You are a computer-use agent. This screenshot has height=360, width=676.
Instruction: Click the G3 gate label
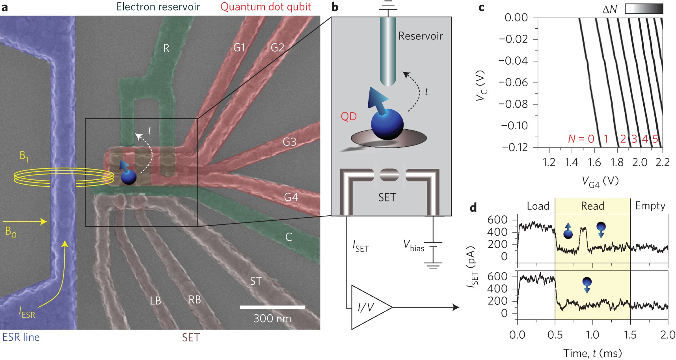(289, 142)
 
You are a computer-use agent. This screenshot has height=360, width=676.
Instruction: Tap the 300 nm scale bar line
(272, 306)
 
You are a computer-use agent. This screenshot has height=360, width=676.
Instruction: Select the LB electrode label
(156, 301)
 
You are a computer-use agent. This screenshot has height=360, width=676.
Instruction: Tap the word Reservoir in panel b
(420, 36)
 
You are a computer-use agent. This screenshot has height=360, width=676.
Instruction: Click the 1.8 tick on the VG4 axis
(617, 162)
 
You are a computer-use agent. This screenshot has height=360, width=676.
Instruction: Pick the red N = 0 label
(581, 139)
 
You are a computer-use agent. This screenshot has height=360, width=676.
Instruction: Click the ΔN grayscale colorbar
(644, 9)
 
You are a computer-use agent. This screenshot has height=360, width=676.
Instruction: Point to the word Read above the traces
(592, 206)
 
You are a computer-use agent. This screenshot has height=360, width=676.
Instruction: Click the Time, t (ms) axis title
(592, 353)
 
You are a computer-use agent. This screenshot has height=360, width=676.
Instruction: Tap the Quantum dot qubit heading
(266, 7)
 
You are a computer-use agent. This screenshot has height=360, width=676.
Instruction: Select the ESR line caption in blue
(21, 337)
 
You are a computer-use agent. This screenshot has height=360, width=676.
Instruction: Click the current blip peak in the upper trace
(583, 228)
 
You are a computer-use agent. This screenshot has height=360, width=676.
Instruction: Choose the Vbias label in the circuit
(413, 246)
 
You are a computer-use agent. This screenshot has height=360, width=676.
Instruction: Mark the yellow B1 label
(24, 157)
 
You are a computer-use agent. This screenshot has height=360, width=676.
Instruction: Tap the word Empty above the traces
(650, 206)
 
